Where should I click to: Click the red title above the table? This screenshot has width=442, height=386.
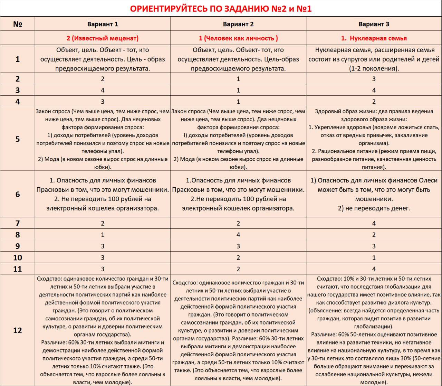(221, 9)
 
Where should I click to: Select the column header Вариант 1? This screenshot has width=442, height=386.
(103, 24)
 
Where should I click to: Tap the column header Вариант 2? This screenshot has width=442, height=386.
(238, 24)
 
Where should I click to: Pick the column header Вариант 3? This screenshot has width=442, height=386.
(374, 24)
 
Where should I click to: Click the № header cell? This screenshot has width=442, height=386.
(18, 24)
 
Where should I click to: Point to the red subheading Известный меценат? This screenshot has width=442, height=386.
(103, 38)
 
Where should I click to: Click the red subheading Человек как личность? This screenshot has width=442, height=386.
(238, 38)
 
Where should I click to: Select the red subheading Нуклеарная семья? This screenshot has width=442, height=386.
(374, 38)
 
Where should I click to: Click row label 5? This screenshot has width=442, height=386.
(18, 139)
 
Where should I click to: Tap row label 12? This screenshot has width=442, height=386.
(18, 330)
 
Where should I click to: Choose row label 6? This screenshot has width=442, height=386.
(18, 194)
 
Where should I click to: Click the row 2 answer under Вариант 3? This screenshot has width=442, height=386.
(374, 79)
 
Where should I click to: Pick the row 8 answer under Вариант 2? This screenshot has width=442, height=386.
(238, 235)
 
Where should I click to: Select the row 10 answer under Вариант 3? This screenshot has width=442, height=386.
(374, 257)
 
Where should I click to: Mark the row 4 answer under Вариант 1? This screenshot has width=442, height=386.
(103, 102)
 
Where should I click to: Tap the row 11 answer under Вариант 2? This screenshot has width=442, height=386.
(238, 269)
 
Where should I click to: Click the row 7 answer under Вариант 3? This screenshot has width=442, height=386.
(374, 223)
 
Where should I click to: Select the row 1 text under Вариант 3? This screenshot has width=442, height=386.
(374, 59)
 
